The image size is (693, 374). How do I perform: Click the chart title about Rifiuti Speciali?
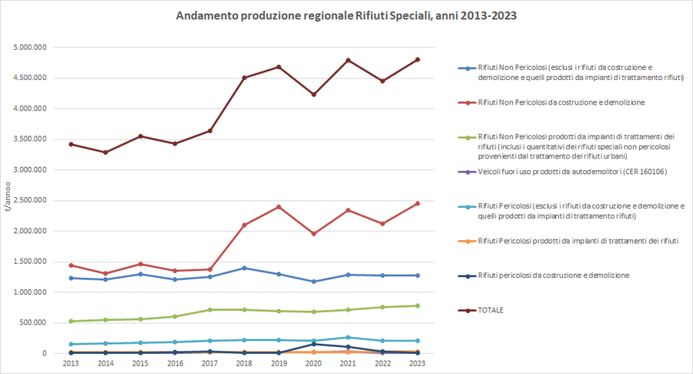point(345,15)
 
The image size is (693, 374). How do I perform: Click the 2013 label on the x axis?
point(71,362)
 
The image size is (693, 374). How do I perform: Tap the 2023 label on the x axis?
point(417,362)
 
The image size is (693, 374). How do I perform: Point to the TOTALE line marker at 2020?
point(313,95)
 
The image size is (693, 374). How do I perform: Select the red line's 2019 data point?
point(279,207)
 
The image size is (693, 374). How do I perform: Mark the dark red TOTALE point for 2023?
point(417,59)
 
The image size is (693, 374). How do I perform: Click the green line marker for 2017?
point(209,309)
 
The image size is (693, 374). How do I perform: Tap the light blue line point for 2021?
point(348,337)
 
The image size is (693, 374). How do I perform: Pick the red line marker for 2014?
point(105,273)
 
